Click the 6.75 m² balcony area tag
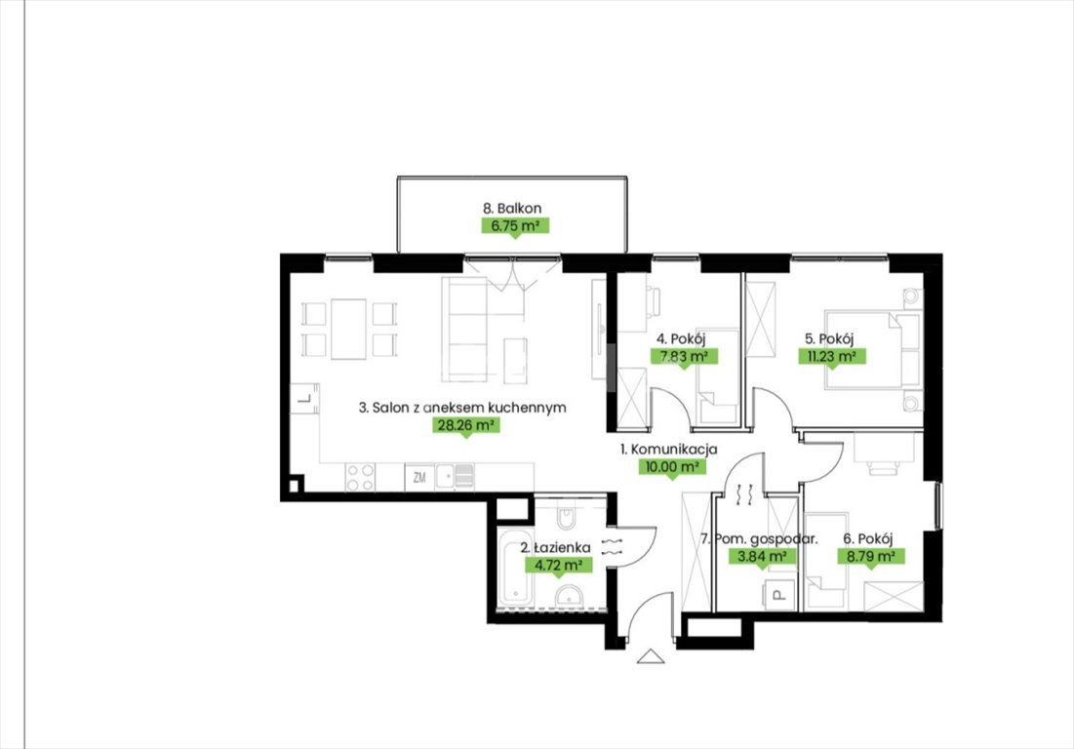(x=515, y=226)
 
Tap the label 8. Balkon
(x=512, y=208)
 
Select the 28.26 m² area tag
(x=465, y=425)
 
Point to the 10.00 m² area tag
(x=671, y=467)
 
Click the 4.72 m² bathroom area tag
(x=558, y=566)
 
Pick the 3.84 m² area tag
(x=762, y=557)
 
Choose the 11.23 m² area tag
(x=831, y=356)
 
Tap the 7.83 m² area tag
(x=684, y=356)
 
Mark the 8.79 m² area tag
(x=870, y=556)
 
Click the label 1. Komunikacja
(x=668, y=450)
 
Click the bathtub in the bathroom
(x=514, y=567)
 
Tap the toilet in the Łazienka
(x=567, y=515)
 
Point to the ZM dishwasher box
(x=419, y=477)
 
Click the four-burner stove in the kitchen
(x=360, y=477)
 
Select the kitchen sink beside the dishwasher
(x=455, y=476)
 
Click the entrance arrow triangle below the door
(x=651, y=656)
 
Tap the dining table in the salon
(x=348, y=330)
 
